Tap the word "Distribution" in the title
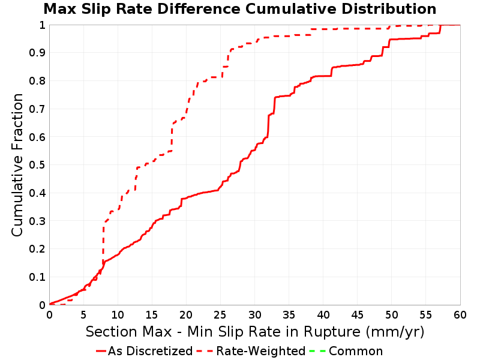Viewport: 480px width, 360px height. pyautogui.click(x=389, y=9)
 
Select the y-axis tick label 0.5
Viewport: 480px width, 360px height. pyautogui.click(x=37, y=165)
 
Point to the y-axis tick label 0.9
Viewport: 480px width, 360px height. pyautogui.click(x=37, y=53)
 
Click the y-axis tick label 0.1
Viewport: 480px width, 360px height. pyautogui.click(x=37, y=277)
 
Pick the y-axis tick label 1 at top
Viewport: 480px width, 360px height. pyautogui.click(x=43, y=25)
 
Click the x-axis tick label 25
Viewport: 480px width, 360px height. pyautogui.click(x=220, y=314)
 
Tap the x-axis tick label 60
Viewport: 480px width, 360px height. pyautogui.click(x=460, y=314)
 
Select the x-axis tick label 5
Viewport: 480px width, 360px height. pyautogui.click(x=83, y=314)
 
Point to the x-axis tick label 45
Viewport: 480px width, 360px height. pyautogui.click(x=357, y=314)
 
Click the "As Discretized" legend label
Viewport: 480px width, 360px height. pyautogui.click(x=151, y=351)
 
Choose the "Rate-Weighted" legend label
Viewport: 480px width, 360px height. pyautogui.click(x=261, y=351)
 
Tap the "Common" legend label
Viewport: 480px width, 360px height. pyautogui.click(x=356, y=351)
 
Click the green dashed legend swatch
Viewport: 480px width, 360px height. pyautogui.click(x=317, y=351)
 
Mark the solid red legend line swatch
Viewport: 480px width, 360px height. pyautogui.click(x=101, y=351)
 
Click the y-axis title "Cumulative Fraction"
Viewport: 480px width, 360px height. pyautogui.click(x=17, y=165)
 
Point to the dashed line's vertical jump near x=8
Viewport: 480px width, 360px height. pyautogui.click(x=103, y=242)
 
